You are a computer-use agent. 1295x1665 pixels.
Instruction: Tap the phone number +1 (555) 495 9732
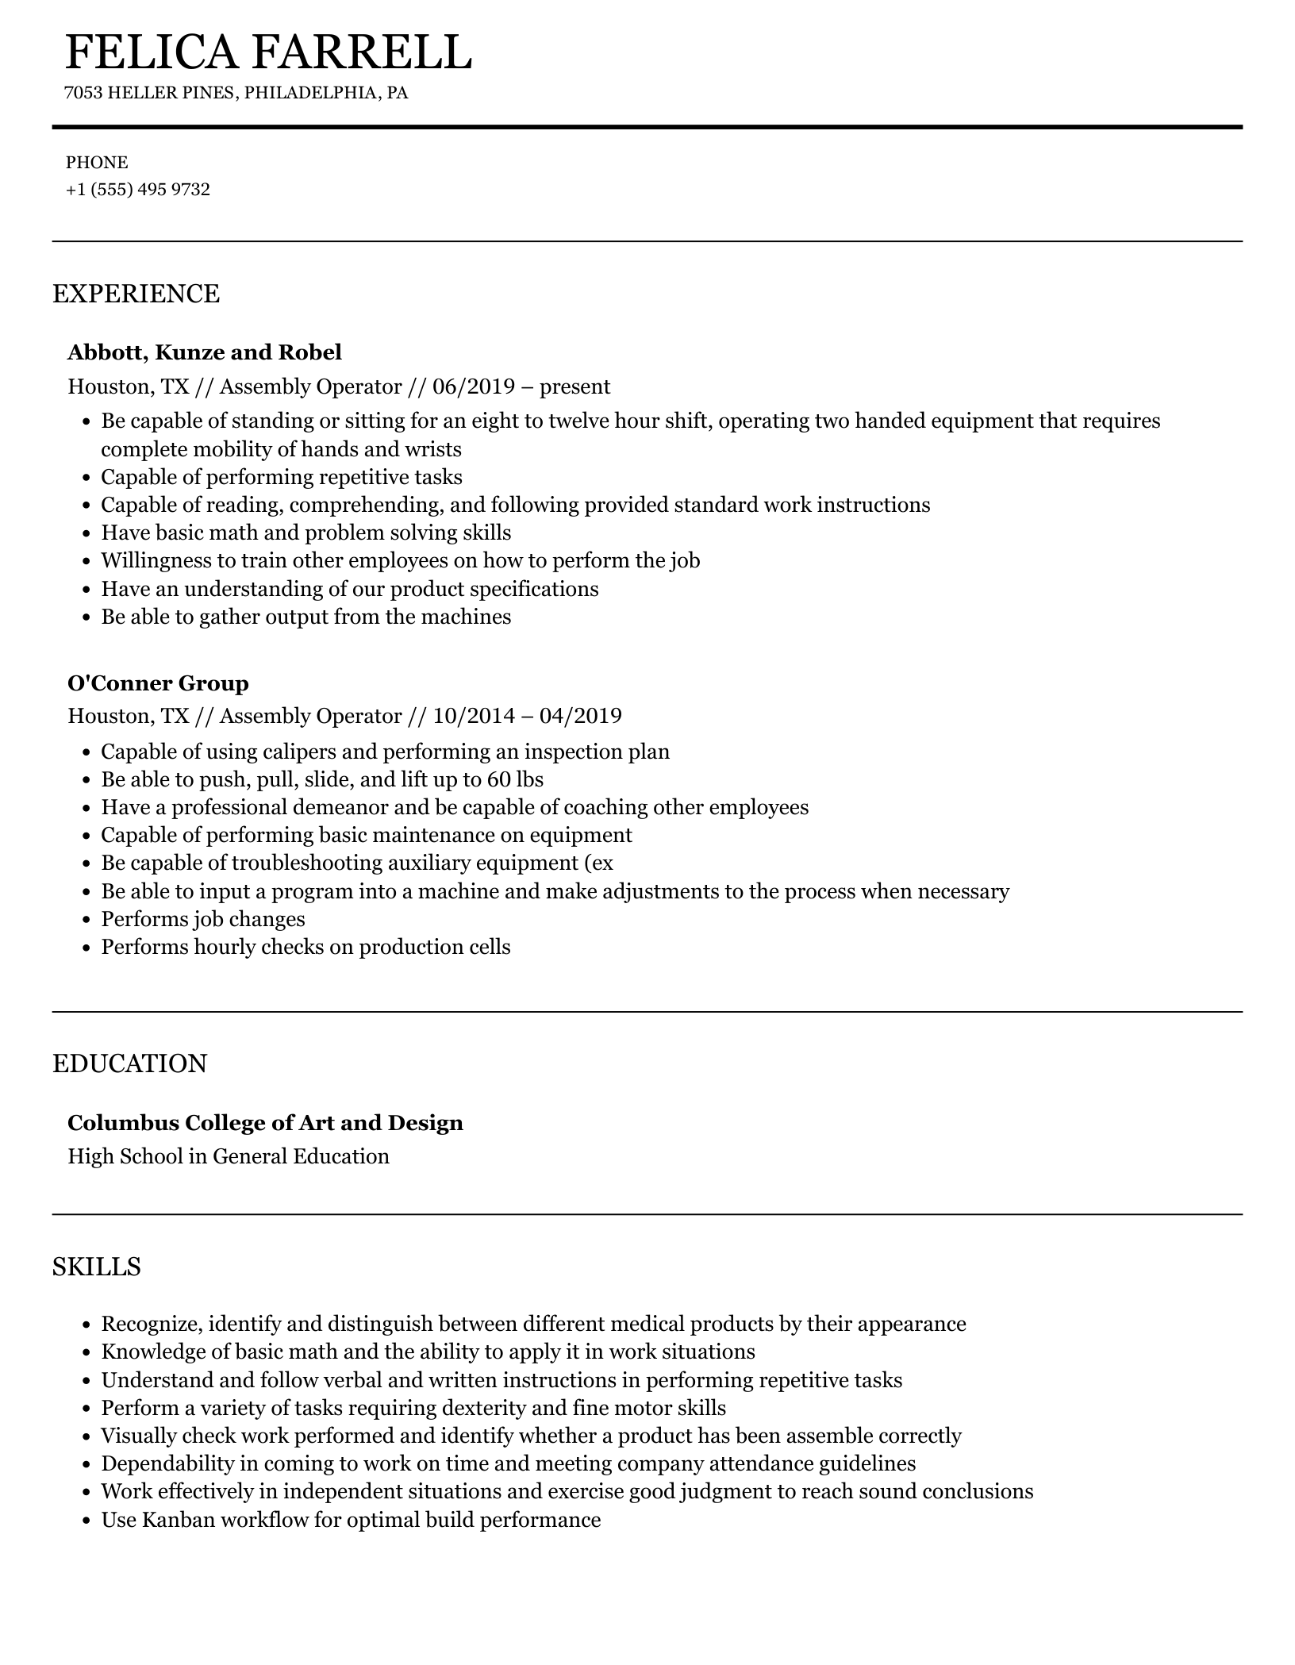click(138, 190)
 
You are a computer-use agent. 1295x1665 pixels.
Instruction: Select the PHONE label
click(97, 163)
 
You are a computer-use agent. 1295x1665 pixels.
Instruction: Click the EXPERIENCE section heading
click(136, 294)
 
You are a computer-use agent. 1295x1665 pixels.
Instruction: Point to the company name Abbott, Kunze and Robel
click(205, 352)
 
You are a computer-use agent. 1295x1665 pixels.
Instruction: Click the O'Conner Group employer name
click(158, 683)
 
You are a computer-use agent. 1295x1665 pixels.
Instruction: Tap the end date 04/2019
click(580, 717)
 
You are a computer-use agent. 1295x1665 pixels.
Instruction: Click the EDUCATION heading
click(129, 1063)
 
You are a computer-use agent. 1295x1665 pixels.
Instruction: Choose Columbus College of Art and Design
click(265, 1123)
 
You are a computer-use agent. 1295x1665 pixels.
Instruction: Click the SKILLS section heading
click(96, 1267)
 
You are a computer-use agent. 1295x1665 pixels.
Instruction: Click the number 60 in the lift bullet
click(498, 780)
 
